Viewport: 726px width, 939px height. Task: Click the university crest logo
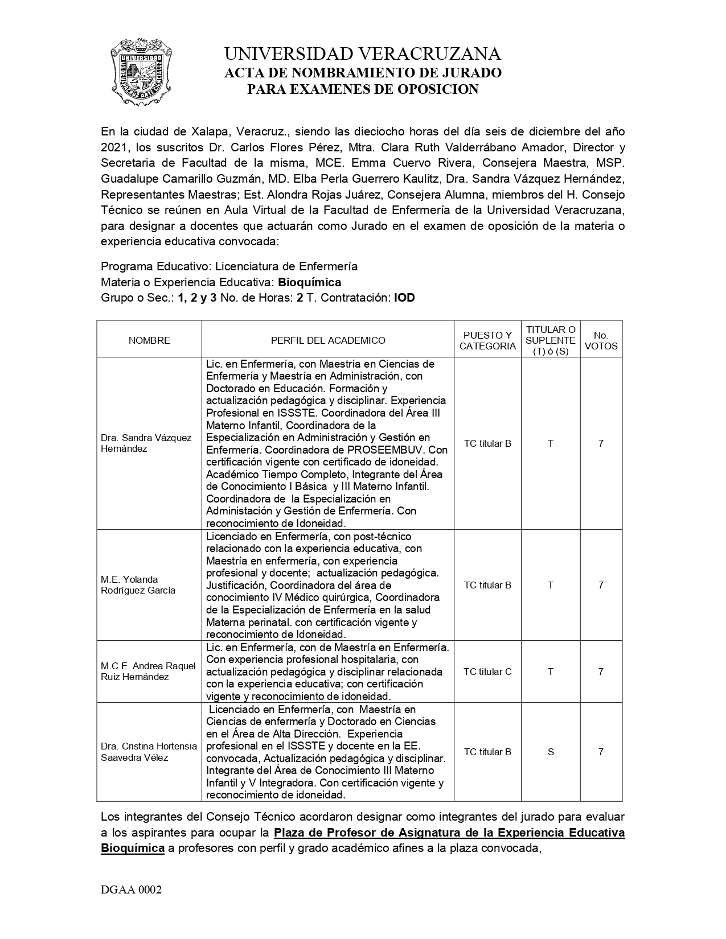point(140,72)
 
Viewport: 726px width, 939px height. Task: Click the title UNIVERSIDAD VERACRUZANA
point(363,54)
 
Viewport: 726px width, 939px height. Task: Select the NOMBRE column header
point(149,340)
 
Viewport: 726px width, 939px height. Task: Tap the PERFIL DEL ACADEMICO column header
point(328,340)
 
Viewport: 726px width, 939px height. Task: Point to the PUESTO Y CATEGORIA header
point(487,340)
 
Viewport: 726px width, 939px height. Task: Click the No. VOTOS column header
point(601,340)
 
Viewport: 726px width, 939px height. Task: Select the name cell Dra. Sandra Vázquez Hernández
point(146,443)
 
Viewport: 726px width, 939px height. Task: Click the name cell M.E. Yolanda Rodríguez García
point(138,585)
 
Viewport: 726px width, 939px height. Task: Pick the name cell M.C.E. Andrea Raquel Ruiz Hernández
point(148,672)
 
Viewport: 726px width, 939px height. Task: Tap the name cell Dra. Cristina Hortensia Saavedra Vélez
point(149,752)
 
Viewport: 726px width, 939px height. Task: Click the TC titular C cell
point(487,672)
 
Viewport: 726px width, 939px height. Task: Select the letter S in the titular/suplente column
point(551,752)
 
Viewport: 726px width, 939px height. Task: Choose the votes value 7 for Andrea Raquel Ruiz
point(601,672)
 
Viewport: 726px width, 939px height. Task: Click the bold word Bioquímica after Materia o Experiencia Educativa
point(309,282)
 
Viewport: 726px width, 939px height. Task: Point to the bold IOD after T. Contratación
point(404,298)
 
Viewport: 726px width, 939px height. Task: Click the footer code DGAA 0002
point(132,890)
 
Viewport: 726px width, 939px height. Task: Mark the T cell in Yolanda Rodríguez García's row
point(551,585)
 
